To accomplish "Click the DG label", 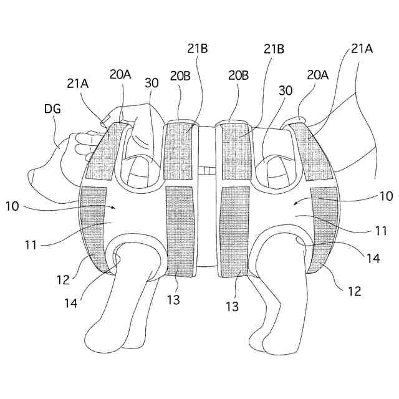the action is [x=53, y=109].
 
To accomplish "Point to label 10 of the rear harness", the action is [x=385, y=196].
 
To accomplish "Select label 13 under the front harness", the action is [x=173, y=300].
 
